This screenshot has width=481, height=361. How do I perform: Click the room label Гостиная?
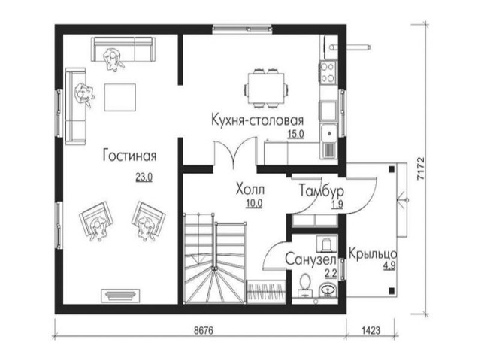[x=129, y=156]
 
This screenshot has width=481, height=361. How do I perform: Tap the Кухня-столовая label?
[x=258, y=120]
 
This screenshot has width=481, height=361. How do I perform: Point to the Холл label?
[x=250, y=189]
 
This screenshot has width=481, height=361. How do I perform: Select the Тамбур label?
[x=321, y=191]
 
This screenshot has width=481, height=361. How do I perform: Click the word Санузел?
[x=310, y=259]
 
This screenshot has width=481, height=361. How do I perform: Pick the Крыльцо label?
[x=373, y=254]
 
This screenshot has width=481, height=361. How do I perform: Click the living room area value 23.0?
[x=144, y=177]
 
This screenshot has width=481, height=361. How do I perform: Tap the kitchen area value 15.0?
[x=295, y=134]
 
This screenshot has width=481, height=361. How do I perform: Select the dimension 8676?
[x=204, y=330]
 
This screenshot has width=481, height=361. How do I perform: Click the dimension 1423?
[x=371, y=330]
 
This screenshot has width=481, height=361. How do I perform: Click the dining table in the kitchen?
[x=266, y=89]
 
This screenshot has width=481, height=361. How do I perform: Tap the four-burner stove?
[x=328, y=72]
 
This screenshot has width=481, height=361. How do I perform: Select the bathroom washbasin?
[x=328, y=290]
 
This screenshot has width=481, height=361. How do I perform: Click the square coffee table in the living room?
[x=120, y=97]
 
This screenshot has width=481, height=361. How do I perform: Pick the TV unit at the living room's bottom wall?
[x=121, y=296]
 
